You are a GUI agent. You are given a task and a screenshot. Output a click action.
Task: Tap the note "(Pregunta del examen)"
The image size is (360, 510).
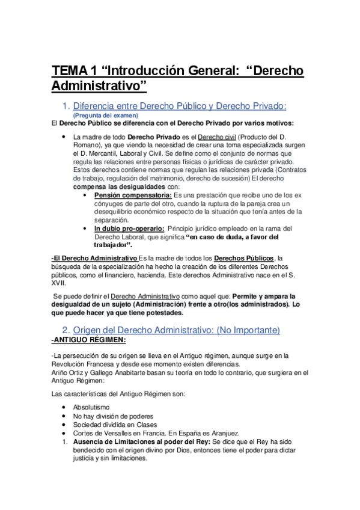pyautogui.click(x=105, y=115)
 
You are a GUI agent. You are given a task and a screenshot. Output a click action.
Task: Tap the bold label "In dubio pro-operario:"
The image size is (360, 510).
pyautogui.click(x=129, y=229)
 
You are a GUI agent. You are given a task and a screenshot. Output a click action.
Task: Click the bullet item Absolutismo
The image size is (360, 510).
pyautogui.click(x=91, y=407)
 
